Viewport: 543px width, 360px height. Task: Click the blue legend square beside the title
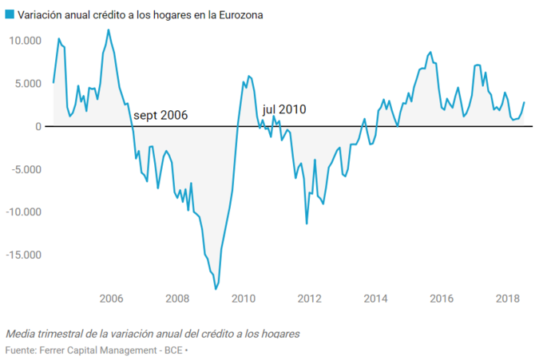[10, 15]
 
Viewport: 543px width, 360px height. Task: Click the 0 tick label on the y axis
[37, 126]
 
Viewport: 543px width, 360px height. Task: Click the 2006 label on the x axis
[111, 299]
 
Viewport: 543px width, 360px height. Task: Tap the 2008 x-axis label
[177, 299]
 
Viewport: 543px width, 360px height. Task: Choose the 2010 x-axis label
[243, 299]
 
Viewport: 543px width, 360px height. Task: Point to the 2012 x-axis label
[309, 299]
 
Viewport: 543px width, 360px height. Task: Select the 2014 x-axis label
[375, 299]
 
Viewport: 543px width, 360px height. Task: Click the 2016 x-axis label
[442, 299]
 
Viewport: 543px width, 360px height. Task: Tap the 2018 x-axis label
[508, 299]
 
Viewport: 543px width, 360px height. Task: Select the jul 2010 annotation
[284, 110]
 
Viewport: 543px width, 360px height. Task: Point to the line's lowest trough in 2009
[216, 289]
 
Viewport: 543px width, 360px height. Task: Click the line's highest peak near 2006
[109, 30]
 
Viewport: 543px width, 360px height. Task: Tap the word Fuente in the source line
[22, 350]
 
